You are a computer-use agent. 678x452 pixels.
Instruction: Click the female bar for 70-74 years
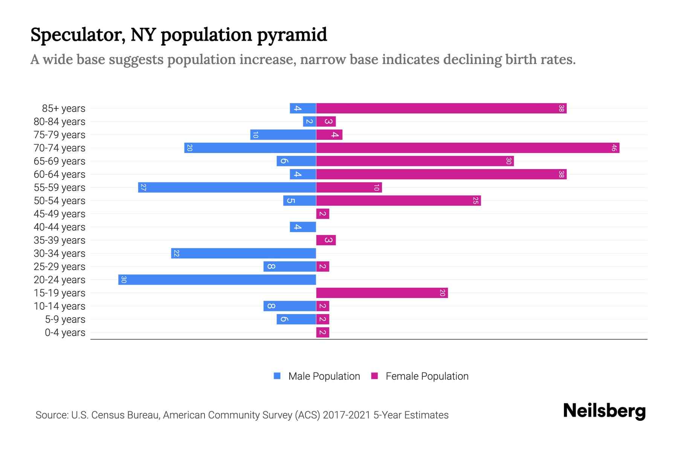coord(467,148)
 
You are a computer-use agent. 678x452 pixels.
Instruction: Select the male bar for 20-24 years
coord(217,280)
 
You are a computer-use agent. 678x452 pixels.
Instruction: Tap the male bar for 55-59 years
coord(227,188)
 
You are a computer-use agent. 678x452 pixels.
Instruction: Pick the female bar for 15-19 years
coord(382,293)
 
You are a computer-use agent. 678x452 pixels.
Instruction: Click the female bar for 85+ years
coord(441,108)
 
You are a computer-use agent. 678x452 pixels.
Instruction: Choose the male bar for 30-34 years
coord(243,253)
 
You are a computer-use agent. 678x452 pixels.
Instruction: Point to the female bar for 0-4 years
coord(323,333)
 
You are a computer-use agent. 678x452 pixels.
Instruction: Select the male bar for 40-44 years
coord(303,227)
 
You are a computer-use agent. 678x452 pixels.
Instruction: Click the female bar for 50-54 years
coord(398,201)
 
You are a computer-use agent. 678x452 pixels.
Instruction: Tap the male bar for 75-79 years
coord(283,135)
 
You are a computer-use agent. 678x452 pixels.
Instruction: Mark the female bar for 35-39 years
coord(326,240)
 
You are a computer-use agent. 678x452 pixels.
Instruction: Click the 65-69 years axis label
coord(60,161)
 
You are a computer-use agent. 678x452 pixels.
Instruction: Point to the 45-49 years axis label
coord(60,214)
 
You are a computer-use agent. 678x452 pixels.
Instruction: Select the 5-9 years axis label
coord(65,319)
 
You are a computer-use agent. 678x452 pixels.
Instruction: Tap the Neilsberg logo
coord(604,411)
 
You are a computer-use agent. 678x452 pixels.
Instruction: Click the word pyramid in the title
coord(292,35)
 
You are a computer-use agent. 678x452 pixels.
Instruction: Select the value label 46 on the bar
coord(614,148)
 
